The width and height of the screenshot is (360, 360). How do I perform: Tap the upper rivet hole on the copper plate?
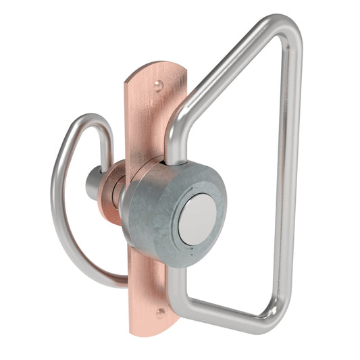(x=157, y=86)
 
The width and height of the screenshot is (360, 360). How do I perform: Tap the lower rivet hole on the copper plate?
(x=160, y=313)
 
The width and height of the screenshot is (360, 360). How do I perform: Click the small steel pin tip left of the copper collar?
(x=92, y=184)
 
